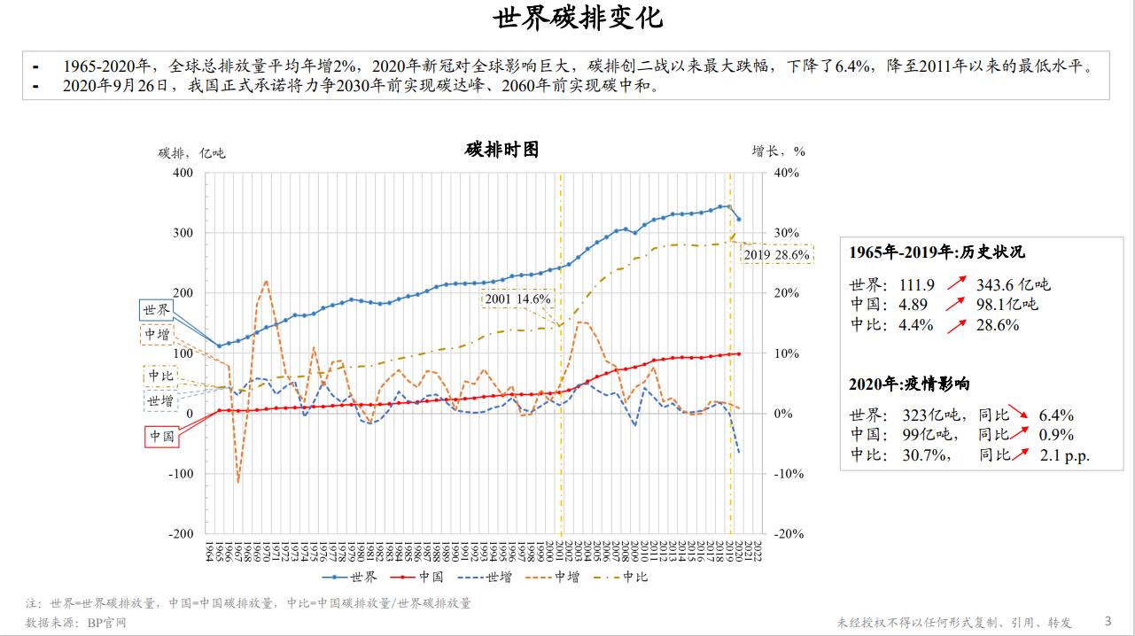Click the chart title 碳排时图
click(x=501, y=150)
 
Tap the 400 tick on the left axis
click(x=183, y=173)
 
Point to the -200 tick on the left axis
click(x=181, y=534)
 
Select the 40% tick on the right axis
click(x=786, y=173)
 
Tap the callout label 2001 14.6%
click(x=517, y=299)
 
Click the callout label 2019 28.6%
click(x=776, y=255)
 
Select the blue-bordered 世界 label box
click(x=156, y=310)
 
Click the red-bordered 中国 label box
click(x=161, y=436)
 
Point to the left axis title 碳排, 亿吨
click(x=192, y=152)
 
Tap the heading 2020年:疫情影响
click(x=909, y=384)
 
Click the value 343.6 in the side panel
click(x=1000, y=284)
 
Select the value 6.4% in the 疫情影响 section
click(x=1056, y=415)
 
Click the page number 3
click(x=1108, y=621)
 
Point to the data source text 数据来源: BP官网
click(x=76, y=623)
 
